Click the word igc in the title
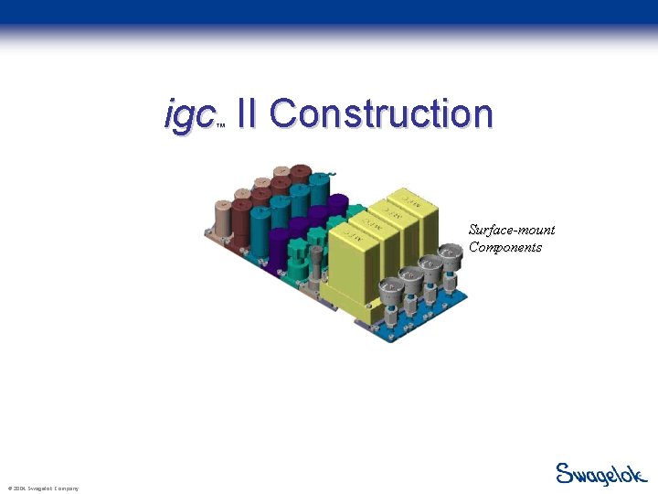(x=189, y=116)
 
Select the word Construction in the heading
(x=381, y=114)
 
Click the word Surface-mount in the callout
(x=512, y=230)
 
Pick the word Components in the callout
(x=505, y=247)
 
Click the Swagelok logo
(x=601, y=474)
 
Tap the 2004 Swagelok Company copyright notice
(x=42, y=489)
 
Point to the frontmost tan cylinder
(x=222, y=219)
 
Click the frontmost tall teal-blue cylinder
(x=260, y=229)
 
